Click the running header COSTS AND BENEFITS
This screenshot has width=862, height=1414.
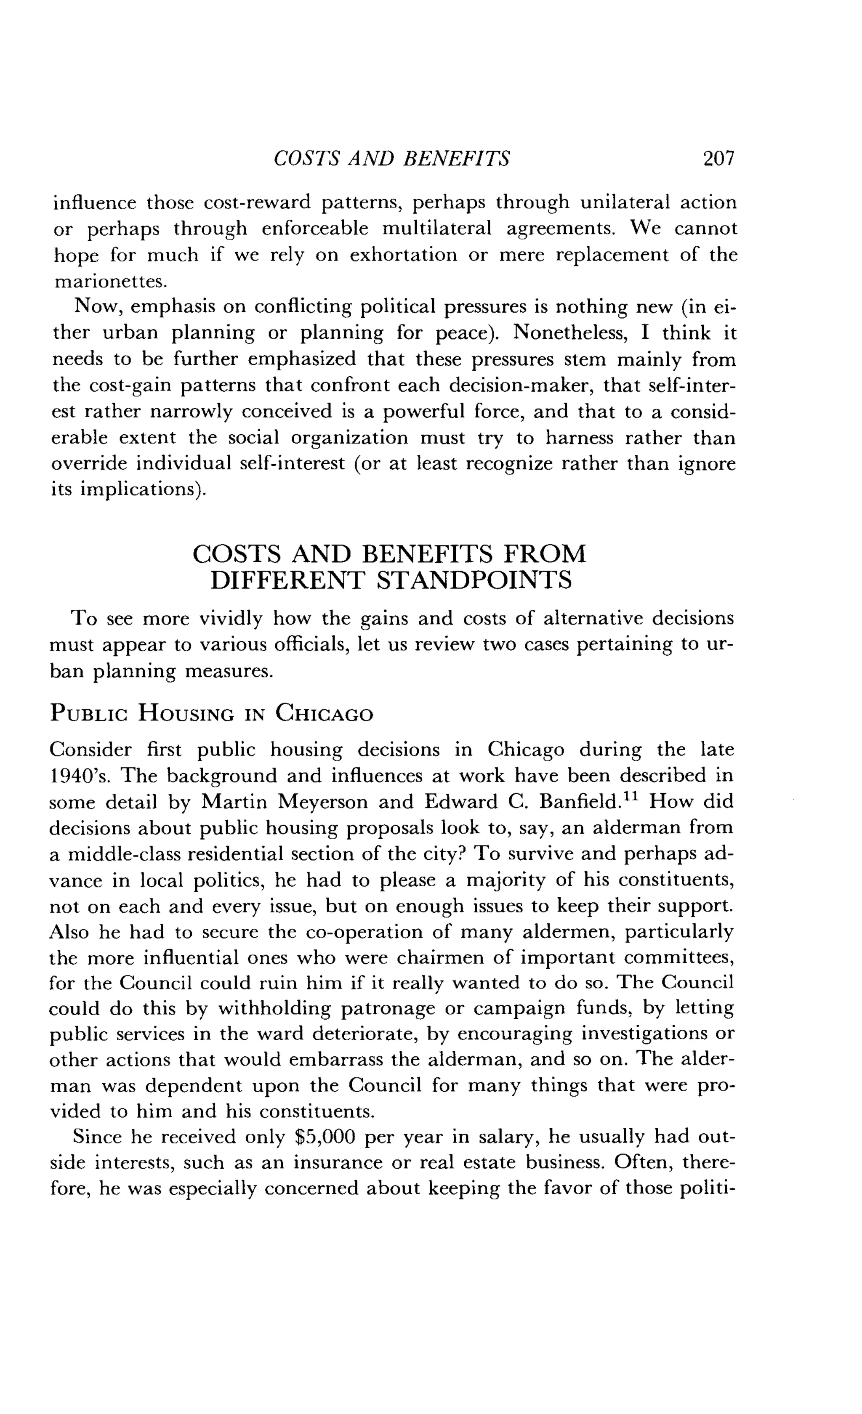(x=391, y=158)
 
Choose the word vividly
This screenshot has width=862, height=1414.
(x=231, y=619)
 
